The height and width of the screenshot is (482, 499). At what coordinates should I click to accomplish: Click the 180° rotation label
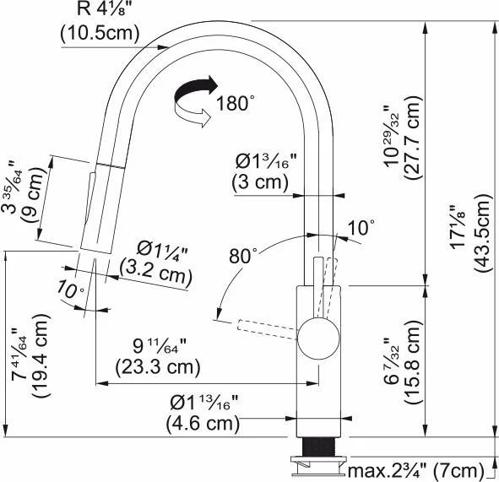(236, 102)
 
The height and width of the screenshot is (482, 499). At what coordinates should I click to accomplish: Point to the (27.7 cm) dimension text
(413, 138)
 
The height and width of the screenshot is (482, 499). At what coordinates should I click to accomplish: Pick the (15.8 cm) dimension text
(413, 362)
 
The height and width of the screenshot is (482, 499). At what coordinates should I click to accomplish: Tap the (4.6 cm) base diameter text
(203, 424)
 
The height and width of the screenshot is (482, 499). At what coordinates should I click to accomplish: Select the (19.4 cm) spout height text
(41, 355)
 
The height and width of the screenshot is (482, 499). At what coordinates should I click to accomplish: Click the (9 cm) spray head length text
(32, 195)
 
